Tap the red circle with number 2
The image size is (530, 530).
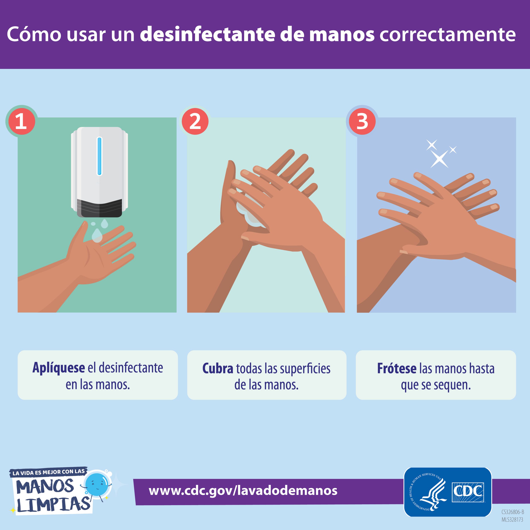(195, 121)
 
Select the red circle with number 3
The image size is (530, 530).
(362, 121)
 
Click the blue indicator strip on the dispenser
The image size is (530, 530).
(99, 156)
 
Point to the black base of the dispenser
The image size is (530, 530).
(99, 208)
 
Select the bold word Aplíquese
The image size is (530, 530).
(58, 368)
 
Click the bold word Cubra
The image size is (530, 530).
(218, 369)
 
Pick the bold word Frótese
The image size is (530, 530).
(396, 369)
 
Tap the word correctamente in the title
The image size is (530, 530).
(447, 34)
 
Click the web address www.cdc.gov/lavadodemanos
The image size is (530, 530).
(243, 490)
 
